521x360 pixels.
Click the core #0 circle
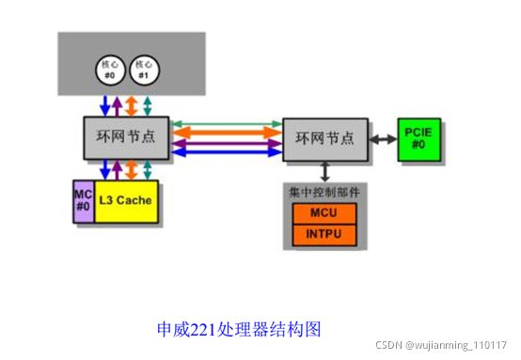[108, 70]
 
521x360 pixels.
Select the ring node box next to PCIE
[324, 138]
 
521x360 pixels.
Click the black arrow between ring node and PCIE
[381, 138]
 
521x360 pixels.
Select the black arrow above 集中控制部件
[324, 171]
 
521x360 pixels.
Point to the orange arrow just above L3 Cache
[133, 170]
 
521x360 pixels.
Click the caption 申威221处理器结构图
[239, 329]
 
